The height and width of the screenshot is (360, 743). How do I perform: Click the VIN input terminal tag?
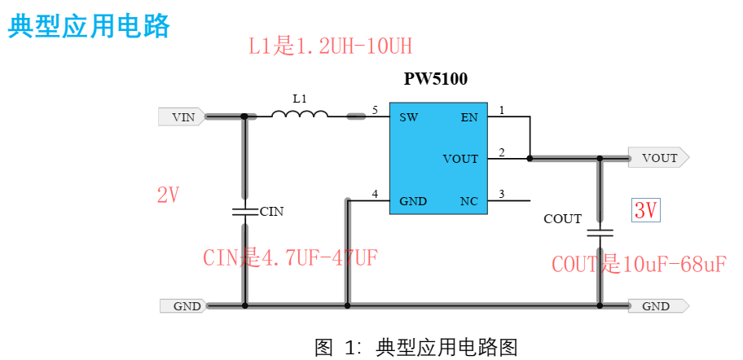[181, 117]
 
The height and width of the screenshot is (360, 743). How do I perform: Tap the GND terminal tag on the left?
[184, 306]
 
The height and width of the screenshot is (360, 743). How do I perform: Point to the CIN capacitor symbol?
[245, 212]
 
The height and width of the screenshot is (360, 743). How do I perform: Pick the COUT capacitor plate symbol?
[600, 232]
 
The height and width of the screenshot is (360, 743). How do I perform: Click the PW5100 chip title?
[436, 79]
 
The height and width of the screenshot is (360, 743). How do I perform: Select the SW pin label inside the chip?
[409, 117]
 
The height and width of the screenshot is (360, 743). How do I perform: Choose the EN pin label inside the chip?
[469, 117]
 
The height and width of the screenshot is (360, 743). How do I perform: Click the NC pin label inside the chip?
[469, 201]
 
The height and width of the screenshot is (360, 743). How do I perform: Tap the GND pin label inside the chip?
[413, 201]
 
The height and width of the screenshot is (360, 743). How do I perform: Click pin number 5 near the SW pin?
[375, 110]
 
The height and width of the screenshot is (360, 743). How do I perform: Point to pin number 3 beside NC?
[502, 194]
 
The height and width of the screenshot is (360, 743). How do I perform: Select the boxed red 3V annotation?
[645, 210]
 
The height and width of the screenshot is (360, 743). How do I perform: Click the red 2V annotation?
[168, 195]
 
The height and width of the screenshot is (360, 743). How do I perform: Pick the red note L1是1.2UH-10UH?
[330, 46]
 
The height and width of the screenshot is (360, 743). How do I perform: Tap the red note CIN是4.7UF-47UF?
[290, 258]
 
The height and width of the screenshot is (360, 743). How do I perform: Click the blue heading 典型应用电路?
[89, 26]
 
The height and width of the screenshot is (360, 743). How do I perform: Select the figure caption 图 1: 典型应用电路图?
[415, 347]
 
